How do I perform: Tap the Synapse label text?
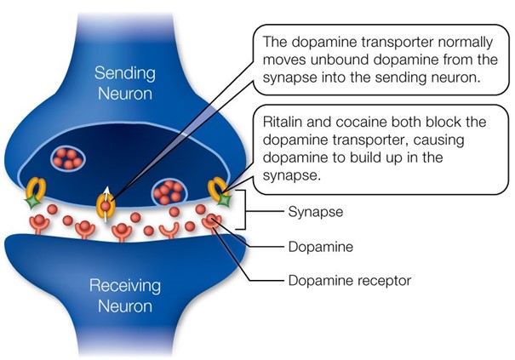[312, 209]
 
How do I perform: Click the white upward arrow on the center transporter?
[106, 190]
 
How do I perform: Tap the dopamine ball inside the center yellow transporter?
[106, 205]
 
